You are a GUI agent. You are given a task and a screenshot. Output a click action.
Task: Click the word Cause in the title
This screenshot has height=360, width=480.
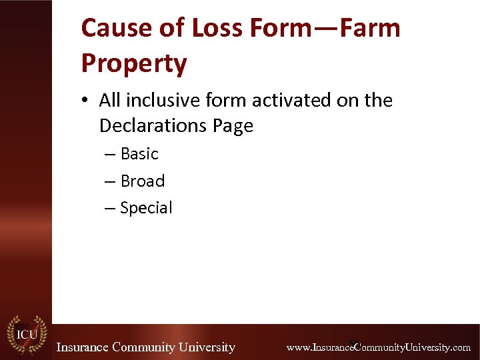coord(113,29)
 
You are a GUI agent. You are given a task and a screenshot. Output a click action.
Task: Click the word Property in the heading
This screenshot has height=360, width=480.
coord(133,63)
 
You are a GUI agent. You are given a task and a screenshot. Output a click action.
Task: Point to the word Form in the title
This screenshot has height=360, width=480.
coord(281,29)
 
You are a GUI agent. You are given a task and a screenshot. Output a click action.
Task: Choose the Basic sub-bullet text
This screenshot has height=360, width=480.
coord(139,154)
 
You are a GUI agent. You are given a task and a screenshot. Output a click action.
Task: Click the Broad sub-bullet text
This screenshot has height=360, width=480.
coord(142,181)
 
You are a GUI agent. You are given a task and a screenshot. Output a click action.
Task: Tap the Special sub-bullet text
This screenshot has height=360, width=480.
coord(146,208)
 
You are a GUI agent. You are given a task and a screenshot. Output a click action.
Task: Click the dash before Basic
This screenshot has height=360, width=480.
coord(110,154)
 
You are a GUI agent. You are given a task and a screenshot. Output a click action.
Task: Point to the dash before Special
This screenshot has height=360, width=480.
coord(110,208)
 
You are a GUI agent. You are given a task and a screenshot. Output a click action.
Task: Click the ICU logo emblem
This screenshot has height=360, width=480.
coord(25,335)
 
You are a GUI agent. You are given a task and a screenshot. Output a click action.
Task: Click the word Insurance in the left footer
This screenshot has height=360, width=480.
coord(83,347)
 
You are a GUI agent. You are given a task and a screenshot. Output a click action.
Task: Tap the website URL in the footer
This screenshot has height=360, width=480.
coord(378,347)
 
